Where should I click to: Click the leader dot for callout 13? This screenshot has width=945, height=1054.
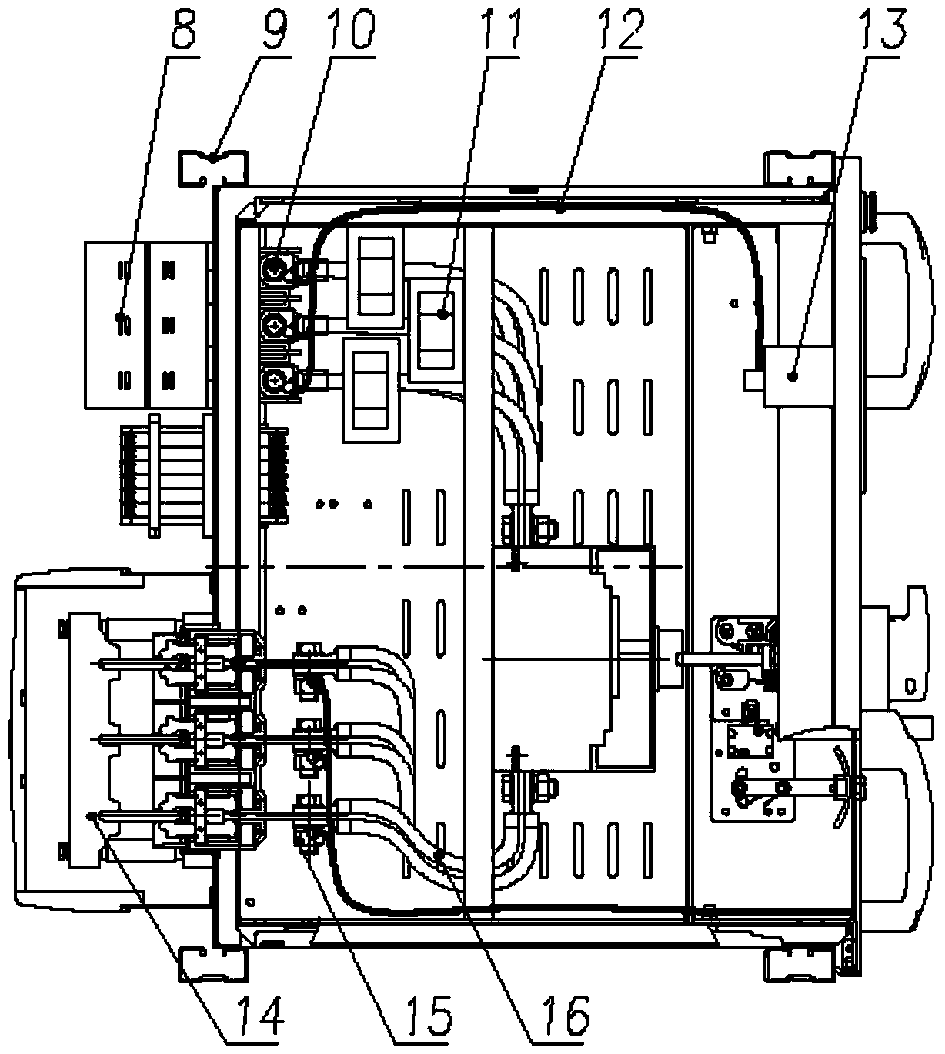(793, 377)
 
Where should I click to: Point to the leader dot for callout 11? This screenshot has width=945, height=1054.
(442, 314)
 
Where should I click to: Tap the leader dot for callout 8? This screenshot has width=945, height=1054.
(120, 315)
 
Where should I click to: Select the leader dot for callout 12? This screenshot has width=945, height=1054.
(560, 210)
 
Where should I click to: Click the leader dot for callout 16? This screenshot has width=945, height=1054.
(439, 854)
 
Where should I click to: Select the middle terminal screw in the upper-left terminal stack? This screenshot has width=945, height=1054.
(273, 326)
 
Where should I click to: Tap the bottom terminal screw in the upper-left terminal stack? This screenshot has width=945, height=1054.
(273, 382)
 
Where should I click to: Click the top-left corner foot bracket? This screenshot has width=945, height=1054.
(213, 168)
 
